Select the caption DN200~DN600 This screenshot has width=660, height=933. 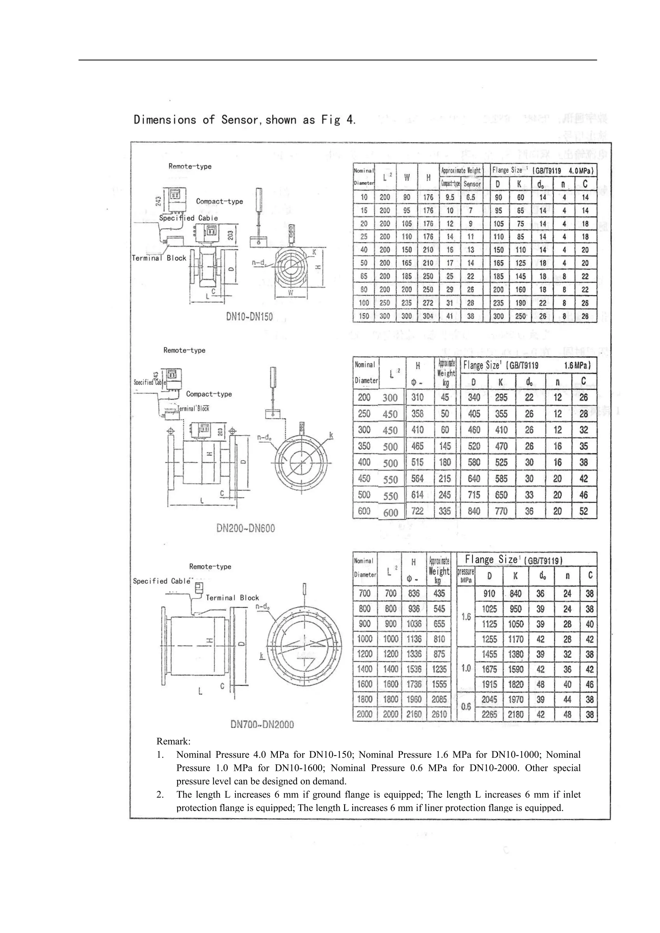pos(246,528)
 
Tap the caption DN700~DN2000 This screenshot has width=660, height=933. pos(262,724)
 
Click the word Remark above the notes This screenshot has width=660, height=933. pos(173,741)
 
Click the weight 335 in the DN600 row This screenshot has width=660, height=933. pos(445,511)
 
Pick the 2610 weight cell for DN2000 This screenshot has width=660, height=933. pos(439,714)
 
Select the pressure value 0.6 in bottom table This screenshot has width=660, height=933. pos(466,707)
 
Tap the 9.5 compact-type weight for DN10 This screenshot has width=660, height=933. pos(450,197)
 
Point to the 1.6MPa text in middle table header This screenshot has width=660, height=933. pos(577,365)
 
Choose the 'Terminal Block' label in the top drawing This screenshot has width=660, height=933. pos(159,258)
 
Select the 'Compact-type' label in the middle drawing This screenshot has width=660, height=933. pos(209,394)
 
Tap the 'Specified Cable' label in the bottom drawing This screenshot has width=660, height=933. pos(162,581)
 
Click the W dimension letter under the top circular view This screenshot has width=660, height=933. pos(291,293)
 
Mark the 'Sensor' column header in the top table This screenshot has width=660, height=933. pos(472,184)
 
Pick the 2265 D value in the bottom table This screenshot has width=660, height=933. pos(489,714)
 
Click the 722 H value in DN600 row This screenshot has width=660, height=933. pos(417,511)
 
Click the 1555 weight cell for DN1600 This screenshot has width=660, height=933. pos(439,684)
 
